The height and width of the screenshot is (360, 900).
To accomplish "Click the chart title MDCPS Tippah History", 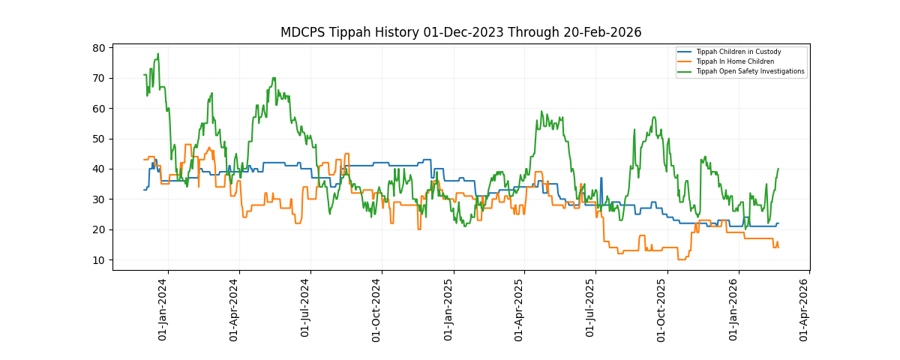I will click(x=460, y=32).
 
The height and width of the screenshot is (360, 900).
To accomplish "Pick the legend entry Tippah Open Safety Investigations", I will click(x=750, y=71).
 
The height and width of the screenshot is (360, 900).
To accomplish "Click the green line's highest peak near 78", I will click(x=157, y=54).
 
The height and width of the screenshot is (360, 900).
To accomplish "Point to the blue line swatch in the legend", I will click(x=685, y=52).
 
